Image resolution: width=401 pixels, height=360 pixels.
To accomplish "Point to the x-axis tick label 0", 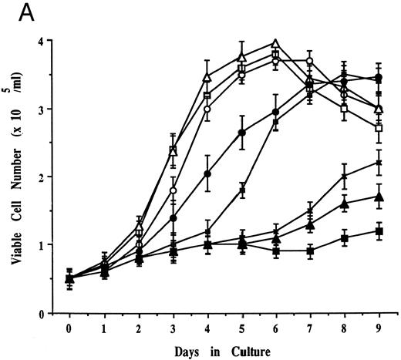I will [70, 326].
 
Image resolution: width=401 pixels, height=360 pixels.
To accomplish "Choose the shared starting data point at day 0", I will [70, 279].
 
